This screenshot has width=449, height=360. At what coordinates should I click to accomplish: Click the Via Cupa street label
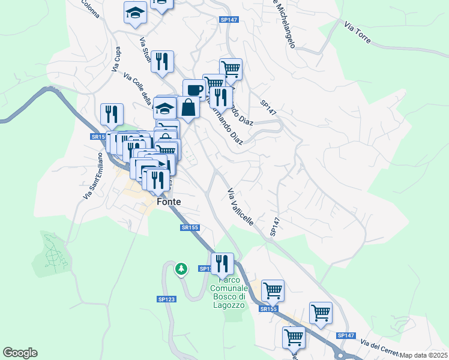[x=116, y=61]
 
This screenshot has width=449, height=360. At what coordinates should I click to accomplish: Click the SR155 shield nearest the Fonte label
[x=189, y=227]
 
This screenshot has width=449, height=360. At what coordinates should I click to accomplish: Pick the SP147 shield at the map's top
[x=229, y=20]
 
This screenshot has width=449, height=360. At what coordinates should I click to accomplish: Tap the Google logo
[x=20, y=353]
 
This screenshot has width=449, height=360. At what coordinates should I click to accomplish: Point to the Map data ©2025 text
[x=424, y=355]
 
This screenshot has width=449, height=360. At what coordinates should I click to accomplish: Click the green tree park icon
[x=181, y=269]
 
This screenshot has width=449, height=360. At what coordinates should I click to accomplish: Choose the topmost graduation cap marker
[x=136, y=12]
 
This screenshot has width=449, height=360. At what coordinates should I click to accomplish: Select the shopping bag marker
[x=188, y=108]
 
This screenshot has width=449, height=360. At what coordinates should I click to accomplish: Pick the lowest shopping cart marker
[x=294, y=337]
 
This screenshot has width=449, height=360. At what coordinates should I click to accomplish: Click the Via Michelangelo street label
[x=282, y=23]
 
